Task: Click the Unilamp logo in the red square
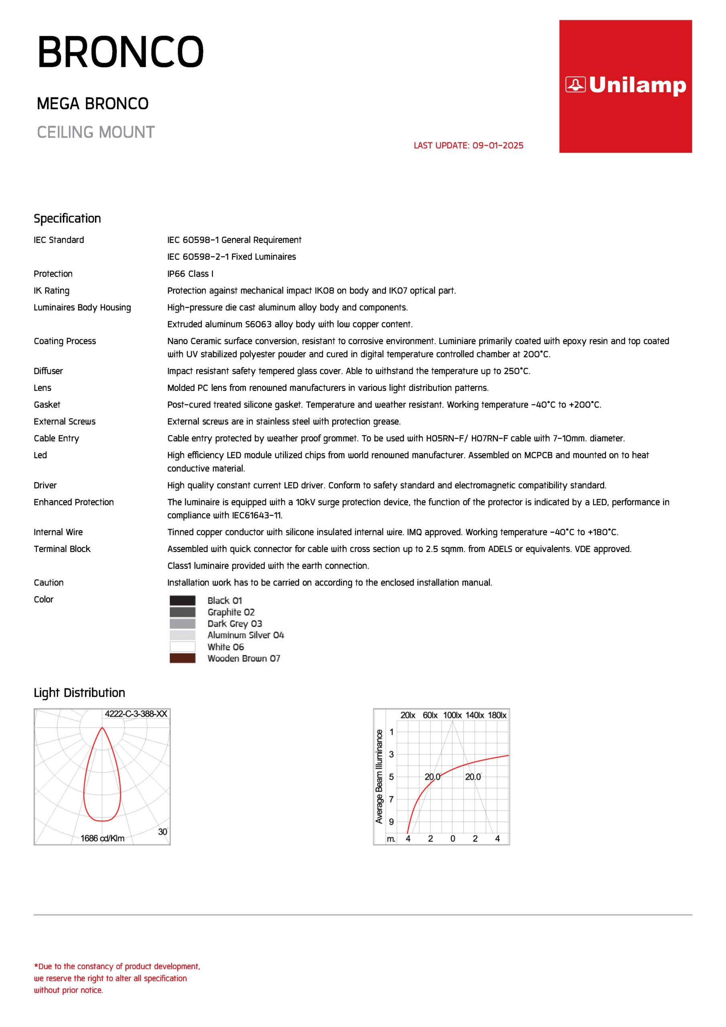(x=625, y=85)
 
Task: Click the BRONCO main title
(x=120, y=52)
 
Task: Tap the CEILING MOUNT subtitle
(x=96, y=132)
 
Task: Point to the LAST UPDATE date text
(x=468, y=145)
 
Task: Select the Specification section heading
(x=67, y=218)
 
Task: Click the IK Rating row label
(x=51, y=291)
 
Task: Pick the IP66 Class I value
(x=190, y=274)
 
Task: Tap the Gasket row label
(x=47, y=405)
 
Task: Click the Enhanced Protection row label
(x=74, y=502)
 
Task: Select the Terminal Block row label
(x=62, y=549)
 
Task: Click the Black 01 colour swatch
(x=183, y=600)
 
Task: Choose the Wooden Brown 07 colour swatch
(x=183, y=658)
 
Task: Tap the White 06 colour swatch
(x=183, y=647)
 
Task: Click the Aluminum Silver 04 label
(x=245, y=635)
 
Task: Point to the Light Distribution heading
(x=79, y=693)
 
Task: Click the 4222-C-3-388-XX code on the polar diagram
(x=136, y=714)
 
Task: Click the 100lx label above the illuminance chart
(x=452, y=715)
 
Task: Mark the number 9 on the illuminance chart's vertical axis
(x=391, y=822)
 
